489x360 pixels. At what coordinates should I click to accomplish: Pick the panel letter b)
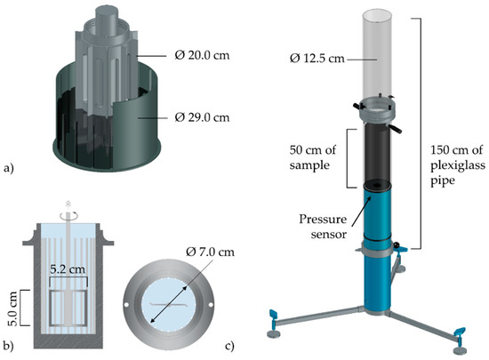(x=12, y=345)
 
